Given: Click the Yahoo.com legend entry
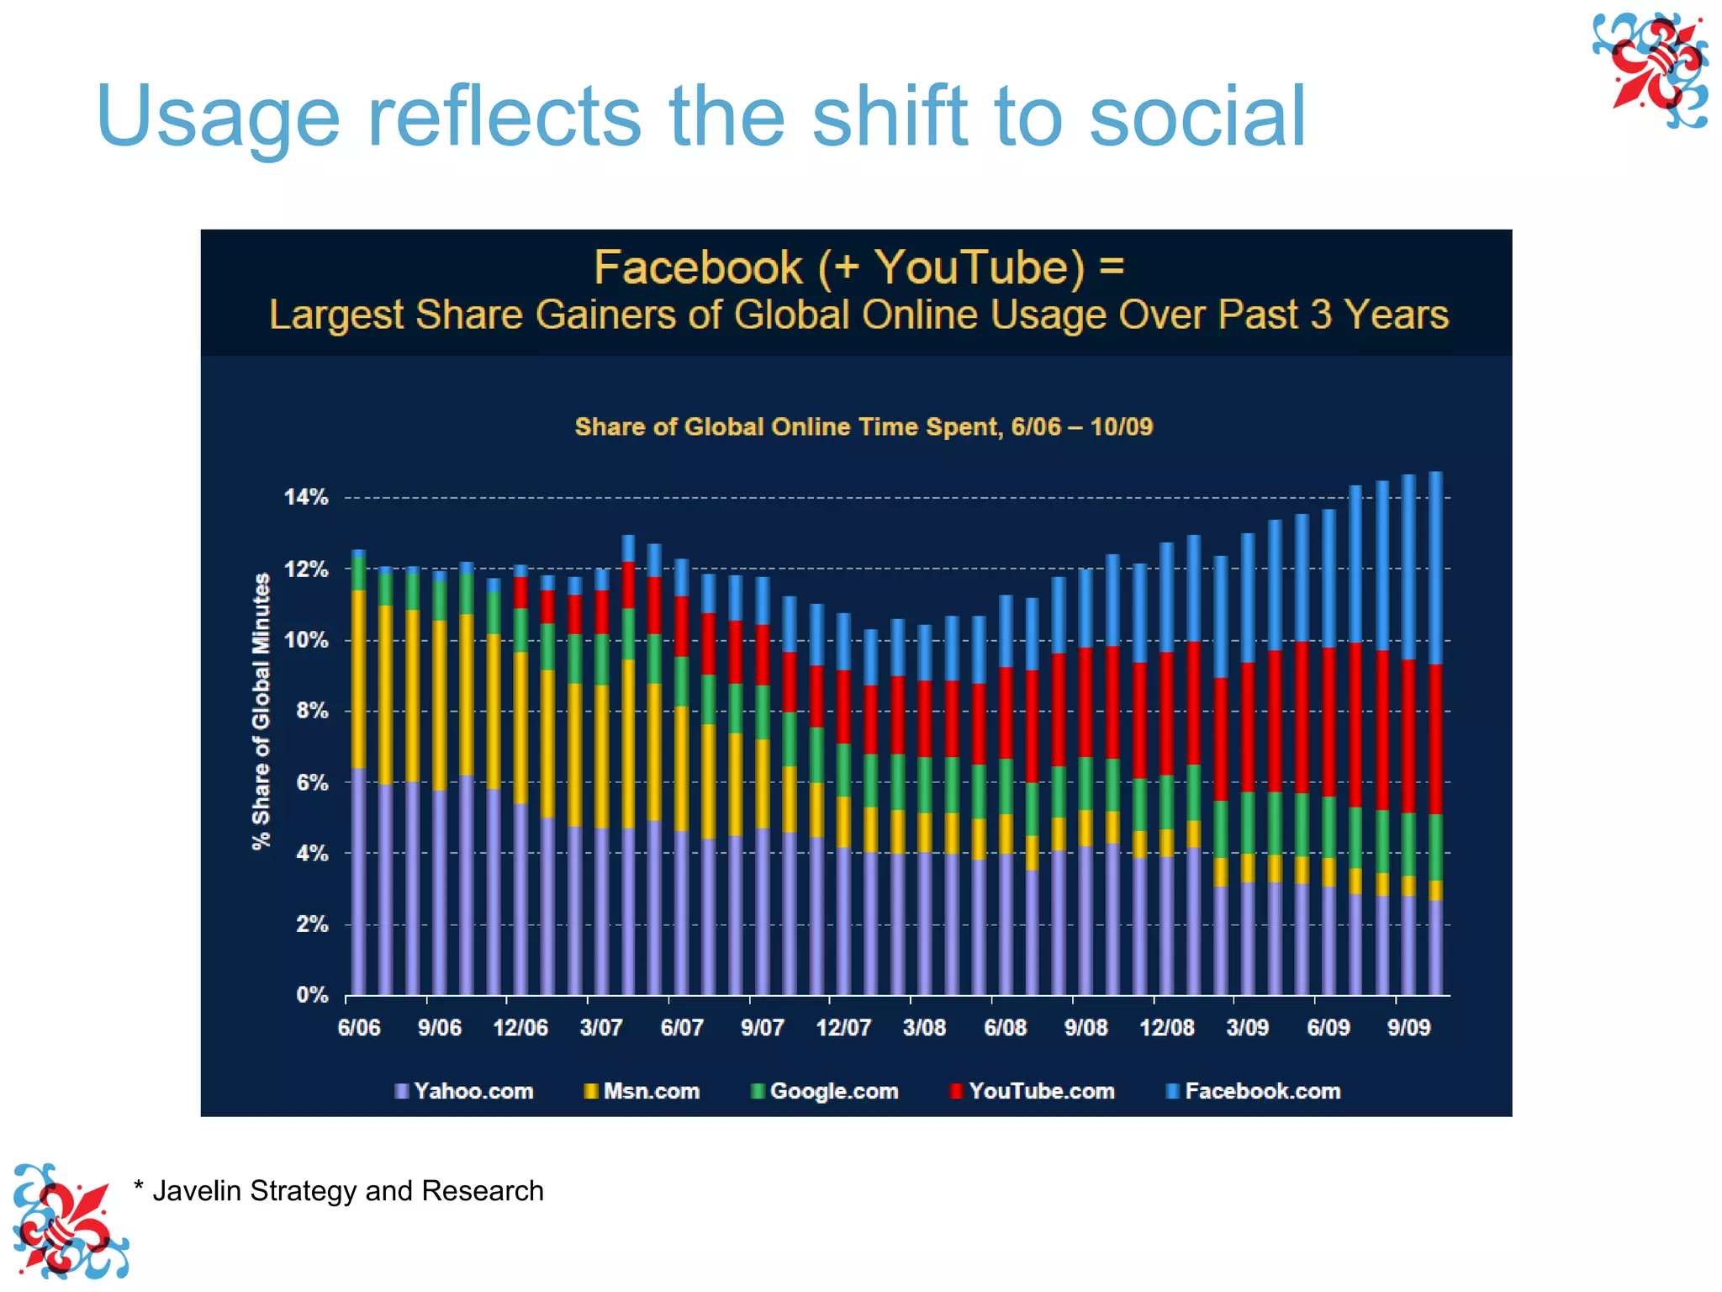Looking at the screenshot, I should click(x=465, y=1091).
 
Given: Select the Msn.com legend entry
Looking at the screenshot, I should click(x=643, y=1091).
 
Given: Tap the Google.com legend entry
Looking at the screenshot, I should click(x=826, y=1091).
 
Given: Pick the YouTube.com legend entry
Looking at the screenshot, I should click(x=1033, y=1091).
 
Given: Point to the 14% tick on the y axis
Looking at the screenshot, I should click(x=306, y=497).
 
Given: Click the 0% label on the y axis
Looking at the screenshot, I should click(x=312, y=995).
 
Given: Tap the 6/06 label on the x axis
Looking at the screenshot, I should click(x=359, y=1028).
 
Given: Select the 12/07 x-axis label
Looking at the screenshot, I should click(x=843, y=1028).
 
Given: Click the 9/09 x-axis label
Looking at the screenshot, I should click(x=1408, y=1028).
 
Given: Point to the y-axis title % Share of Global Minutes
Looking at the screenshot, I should click(x=261, y=711).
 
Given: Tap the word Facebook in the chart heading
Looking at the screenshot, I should click(x=698, y=267).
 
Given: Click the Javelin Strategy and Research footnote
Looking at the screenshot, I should click(x=339, y=1191).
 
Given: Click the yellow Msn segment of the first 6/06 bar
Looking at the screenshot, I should click(x=359, y=678).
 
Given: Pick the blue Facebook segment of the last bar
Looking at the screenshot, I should click(x=1435, y=568).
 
